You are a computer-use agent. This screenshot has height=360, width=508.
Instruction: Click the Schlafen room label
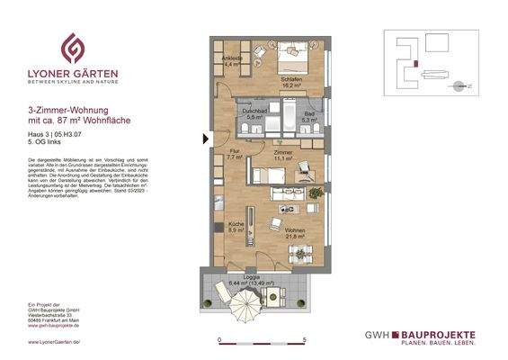(290, 79)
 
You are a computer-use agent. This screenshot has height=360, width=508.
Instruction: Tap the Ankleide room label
(234, 59)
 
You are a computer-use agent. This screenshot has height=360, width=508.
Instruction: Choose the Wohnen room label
(295, 231)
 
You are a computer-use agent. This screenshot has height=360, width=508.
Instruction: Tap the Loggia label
(237, 277)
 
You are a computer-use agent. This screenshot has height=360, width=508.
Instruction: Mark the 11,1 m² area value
(285, 158)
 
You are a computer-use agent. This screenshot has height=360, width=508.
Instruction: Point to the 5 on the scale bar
(306, 339)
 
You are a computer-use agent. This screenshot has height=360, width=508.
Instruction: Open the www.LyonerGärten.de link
(54, 343)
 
